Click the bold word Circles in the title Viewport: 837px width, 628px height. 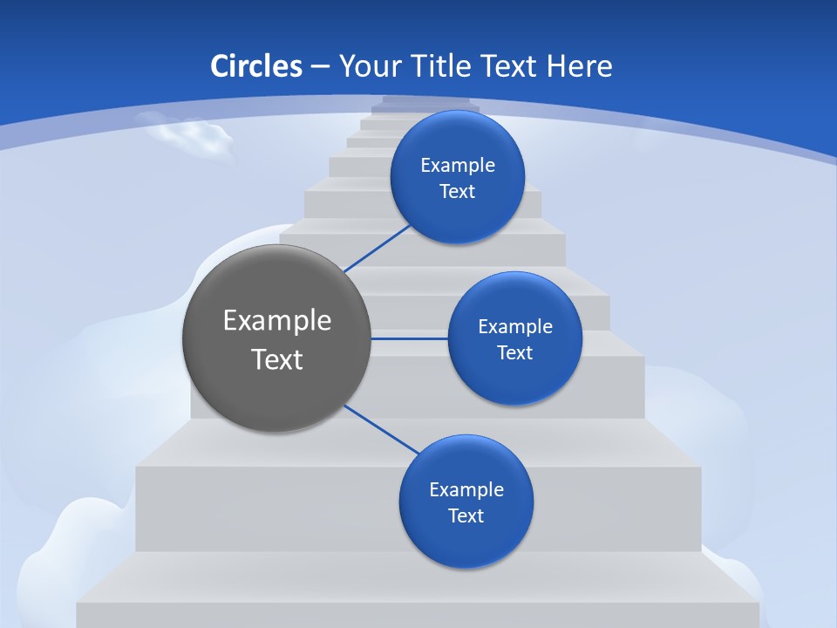point(255,66)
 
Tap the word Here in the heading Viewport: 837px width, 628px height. point(579,66)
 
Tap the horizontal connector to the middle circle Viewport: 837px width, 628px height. point(410,338)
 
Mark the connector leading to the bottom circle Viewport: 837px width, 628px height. point(381,429)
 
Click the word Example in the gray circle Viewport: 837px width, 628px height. point(277,321)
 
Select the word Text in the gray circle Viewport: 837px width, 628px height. point(277,359)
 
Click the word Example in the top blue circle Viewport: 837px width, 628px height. point(458,166)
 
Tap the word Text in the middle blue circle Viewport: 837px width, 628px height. point(514,353)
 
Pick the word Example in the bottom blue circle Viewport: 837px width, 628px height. point(466,490)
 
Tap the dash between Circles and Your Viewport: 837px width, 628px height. point(320,67)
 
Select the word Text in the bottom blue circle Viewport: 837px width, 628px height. point(466,516)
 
